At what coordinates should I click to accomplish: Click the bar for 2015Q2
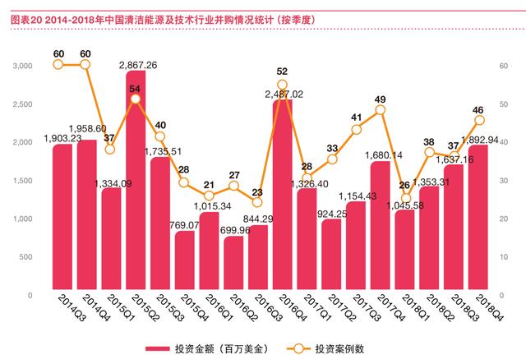point(136,180)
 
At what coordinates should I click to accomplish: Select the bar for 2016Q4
point(283,194)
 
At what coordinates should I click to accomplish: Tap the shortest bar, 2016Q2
point(233,263)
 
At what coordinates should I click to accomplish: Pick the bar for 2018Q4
point(478,217)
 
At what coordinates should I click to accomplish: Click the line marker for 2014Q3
point(58,64)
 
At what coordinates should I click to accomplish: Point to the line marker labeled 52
point(283,85)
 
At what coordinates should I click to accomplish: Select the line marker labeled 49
point(381,110)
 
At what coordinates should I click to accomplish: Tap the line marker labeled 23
point(257,202)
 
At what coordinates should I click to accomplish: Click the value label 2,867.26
point(138,65)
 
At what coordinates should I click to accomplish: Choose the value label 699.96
point(235,230)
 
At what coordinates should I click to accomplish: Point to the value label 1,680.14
point(384,155)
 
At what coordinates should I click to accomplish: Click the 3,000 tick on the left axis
point(22,66)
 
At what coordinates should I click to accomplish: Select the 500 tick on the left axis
point(25,257)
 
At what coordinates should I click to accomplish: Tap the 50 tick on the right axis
point(504,104)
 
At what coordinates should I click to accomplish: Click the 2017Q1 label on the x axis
point(317,307)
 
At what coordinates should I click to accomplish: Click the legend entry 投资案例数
point(325,349)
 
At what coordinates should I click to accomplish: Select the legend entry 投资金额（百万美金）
point(207,349)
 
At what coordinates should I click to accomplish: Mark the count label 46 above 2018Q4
point(478,110)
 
